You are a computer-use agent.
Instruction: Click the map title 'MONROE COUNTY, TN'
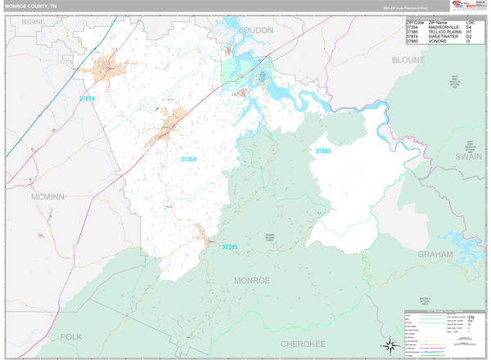point(30,6)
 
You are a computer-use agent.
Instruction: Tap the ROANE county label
point(34,20)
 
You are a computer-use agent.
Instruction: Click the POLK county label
point(71,336)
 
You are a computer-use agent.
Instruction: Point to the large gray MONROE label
point(252,281)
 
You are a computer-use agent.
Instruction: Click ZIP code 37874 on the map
point(87,99)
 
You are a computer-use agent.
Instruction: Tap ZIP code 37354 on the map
point(188,159)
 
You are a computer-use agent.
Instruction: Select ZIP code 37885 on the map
point(323,151)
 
